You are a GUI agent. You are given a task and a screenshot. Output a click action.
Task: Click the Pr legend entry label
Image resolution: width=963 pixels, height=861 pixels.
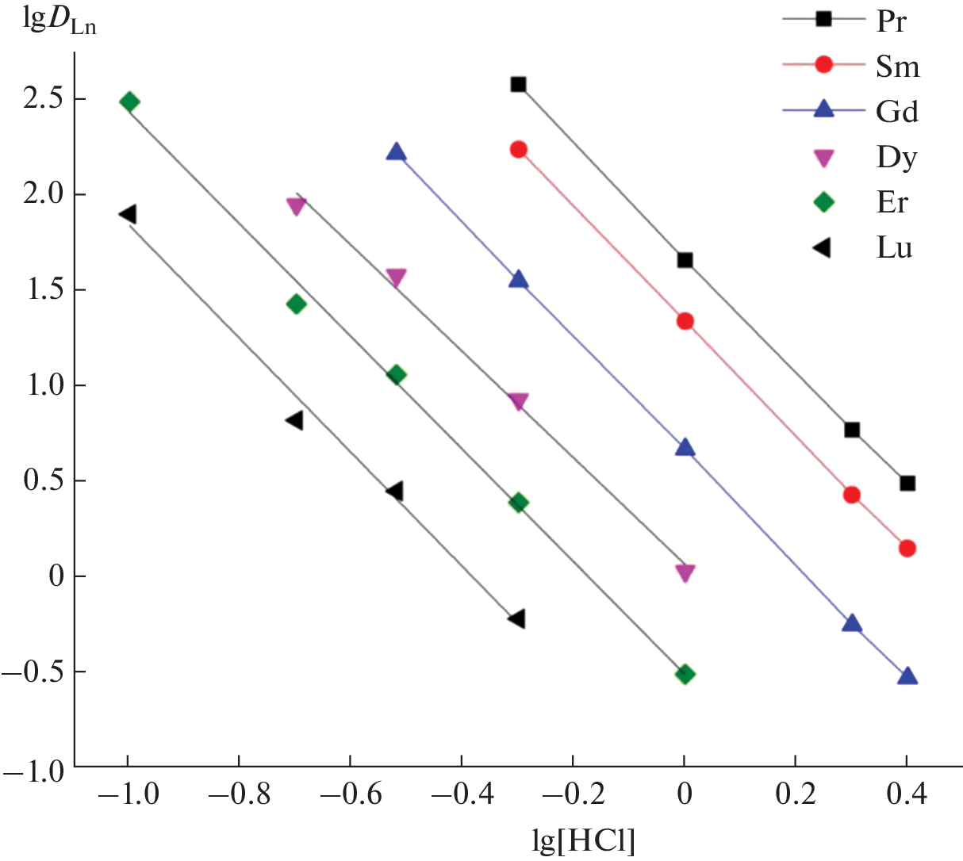pos(891,21)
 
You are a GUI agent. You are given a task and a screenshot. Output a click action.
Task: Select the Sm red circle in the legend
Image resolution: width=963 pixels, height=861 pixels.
pos(824,65)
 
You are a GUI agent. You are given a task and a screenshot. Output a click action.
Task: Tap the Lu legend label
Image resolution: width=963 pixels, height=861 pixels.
pos(894,248)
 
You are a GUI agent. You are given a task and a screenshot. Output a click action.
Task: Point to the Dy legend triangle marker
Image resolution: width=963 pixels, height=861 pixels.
pos(824,158)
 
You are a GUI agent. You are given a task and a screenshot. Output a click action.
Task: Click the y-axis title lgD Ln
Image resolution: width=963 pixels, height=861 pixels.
pos(60,23)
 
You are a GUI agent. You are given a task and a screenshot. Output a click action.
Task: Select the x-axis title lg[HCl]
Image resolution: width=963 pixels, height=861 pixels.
pos(584,841)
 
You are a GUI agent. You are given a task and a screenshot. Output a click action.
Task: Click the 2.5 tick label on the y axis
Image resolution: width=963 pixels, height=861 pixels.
pos(44,100)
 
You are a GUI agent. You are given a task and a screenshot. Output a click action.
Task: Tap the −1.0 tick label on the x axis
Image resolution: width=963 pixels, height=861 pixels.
pos(127,795)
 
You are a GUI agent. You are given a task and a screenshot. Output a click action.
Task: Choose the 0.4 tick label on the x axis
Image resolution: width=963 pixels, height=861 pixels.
pos(907,795)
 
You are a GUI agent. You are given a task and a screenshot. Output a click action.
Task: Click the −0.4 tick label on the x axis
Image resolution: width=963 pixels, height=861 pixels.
pos(461,795)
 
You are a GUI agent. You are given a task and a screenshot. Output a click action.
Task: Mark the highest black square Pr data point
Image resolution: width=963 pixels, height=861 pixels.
pos(519,84)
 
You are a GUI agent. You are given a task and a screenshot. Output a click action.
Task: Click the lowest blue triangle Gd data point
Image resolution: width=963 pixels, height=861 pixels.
pos(907,676)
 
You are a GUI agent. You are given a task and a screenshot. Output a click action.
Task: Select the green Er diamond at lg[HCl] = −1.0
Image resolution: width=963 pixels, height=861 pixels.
pos(129,101)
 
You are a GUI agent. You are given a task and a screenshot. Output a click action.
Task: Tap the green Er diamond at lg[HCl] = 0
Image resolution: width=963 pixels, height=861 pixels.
pos(685,675)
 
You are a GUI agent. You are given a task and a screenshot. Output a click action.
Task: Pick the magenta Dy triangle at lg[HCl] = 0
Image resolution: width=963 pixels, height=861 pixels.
pos(685,573)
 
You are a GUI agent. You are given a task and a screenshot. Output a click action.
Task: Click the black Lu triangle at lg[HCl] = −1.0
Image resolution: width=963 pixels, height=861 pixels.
pos(128,214)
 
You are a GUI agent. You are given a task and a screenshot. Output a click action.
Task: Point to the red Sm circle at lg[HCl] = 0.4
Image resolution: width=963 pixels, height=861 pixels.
pos(907,548)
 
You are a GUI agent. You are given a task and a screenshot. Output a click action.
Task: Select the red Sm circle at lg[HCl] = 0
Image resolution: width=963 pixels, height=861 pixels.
pos(685,321)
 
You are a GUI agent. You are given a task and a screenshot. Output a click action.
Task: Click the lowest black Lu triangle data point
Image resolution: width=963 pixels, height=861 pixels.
pos(517,618)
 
